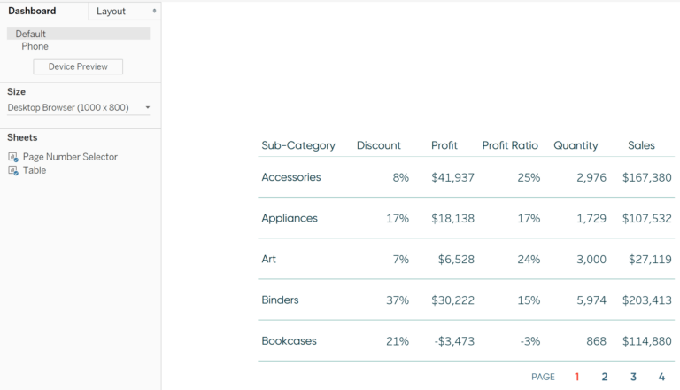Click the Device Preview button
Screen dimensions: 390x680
78,66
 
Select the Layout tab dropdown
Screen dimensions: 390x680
124,11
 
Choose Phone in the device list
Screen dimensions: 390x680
35,46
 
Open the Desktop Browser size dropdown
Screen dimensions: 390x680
78,107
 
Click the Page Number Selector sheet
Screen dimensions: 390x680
69,157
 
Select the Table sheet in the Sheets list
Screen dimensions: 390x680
34,170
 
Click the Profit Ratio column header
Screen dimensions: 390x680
510,145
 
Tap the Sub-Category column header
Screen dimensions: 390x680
298,145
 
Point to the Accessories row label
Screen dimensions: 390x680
291,177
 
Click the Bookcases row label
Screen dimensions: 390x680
289,341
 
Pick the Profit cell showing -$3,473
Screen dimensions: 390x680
452,341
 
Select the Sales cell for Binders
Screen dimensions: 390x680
646,300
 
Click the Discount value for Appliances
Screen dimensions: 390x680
398,218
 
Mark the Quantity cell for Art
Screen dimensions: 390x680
591,260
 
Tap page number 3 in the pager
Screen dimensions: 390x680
633,377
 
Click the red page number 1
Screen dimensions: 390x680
576,377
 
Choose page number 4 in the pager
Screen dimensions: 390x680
661,377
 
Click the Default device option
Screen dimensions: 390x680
31,34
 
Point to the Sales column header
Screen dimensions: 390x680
641,145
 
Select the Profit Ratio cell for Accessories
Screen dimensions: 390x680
529,177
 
